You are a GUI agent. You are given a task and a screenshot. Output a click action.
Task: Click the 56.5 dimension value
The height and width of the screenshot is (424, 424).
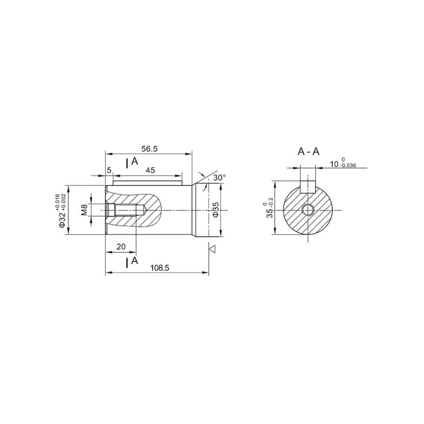pyautogui.click(x=149, y=149)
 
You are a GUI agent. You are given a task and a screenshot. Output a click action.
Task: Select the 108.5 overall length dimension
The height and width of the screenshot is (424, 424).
pyautogui.click(x=160, y=268)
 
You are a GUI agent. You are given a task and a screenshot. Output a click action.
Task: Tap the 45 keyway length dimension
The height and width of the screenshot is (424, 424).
pyautogui.click(x=151, y=170)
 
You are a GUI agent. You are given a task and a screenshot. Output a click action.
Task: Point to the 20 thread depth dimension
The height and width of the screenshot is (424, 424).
pyautogui.click(x=121, y=246)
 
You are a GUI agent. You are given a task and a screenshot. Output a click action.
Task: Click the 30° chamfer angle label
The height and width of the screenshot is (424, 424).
pyautogui.click(x=219, y=178)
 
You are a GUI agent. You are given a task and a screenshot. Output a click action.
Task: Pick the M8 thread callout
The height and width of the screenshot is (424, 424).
pyautogui.click(x=84, y=210)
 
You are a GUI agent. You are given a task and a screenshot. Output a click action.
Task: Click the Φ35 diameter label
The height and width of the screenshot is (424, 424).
pyautogui.click(x=216, y=209)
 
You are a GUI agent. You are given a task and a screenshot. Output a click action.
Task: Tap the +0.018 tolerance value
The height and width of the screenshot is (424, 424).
pyautogui.click(x=57, y=202)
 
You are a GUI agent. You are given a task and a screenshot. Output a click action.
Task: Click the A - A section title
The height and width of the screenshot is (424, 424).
pyautogui.click(x=308, y=152)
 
